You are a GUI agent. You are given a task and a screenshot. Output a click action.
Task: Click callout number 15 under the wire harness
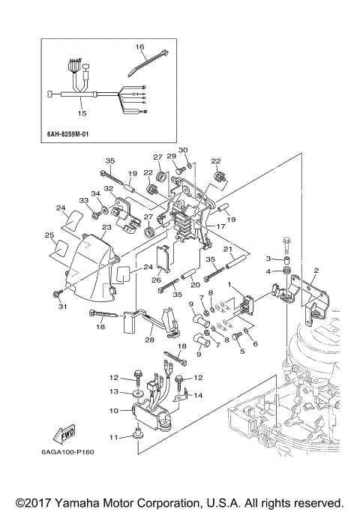point(82,113)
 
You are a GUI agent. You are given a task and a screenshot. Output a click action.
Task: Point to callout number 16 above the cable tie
point(139,46)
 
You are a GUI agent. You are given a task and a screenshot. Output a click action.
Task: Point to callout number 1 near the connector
point(231,286)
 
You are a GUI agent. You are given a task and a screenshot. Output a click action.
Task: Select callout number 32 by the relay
point(109,188)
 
